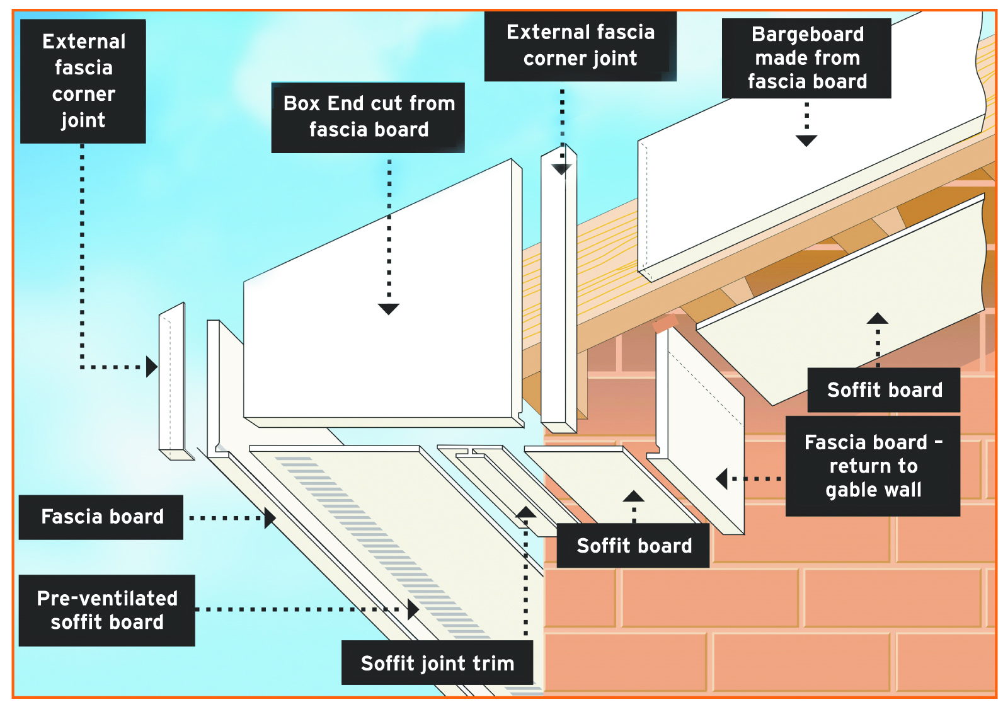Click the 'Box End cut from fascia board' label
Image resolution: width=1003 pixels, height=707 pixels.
pyautogui.click(x=368, y=117)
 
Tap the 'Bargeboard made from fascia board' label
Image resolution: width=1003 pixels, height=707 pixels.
pyautogui.click(x=806, y=58)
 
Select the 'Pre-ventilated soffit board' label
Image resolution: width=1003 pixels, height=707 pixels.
pyautogui.click(x=107, y=610)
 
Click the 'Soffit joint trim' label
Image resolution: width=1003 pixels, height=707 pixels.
pyautogui.click(x=437, y=663)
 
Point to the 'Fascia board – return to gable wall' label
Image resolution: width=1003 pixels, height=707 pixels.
pyautogui.click(x=873, y=466)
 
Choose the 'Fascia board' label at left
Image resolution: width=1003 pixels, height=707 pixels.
pyautogui.click(x=101, y=517)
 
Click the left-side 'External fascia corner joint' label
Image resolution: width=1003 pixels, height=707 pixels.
pyautogui.click(x=83, y=81)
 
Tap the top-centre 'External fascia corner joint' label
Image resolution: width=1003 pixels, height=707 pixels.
pyautogui.click(x=580, y=45)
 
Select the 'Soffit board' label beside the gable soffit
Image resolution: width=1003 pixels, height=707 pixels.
pyautogui.click(x=884, y=390)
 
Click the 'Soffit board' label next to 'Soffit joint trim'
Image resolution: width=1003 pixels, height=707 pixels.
pyautogui.click(x=634, y=546)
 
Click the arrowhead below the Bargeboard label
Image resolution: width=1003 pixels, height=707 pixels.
pyautogui.click(x=806, y=141)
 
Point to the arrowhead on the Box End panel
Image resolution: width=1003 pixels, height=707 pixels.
pyautogui.click(x=389, y=309)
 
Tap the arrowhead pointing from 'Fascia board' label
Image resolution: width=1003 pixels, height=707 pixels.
pyautogui.click(x=270, y=518)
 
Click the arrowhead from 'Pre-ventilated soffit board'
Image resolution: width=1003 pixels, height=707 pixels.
pyautogui.click(x=413, y=609)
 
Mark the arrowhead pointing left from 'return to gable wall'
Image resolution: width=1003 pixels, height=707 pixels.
pyautogui.click(x=722, y=479)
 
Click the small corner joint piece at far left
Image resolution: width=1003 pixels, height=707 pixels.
pyautogui.click(x=172, y=378)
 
